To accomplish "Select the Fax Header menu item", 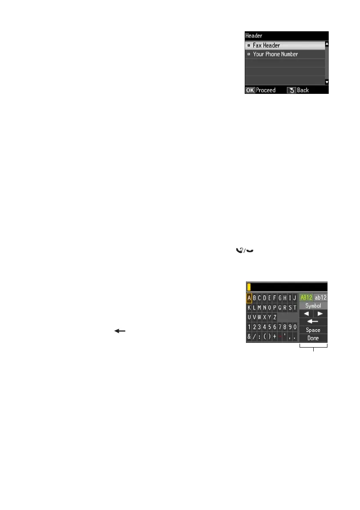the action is click(x=266, y=45).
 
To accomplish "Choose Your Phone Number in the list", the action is click(x=275, y=54).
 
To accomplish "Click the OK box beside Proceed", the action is click(x=250, y=90).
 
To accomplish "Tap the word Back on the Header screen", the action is click(x=303, y=90).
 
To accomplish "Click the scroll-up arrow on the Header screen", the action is click(x=327, y=44).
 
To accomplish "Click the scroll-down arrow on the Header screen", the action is click(x=327, y=82).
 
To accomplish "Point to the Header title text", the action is click(x=253, y=36).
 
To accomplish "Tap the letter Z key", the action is click(x=275, y=317).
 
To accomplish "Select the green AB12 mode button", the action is click(x=306, y=297).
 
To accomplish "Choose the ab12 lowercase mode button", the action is click(x=321, y=297).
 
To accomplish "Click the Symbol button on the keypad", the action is click(x=313, y=306).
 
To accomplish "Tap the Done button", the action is click(x=313, y=338).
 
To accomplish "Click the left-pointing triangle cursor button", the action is click(x=306, y=314).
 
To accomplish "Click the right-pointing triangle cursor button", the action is click(x=321, y=314).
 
